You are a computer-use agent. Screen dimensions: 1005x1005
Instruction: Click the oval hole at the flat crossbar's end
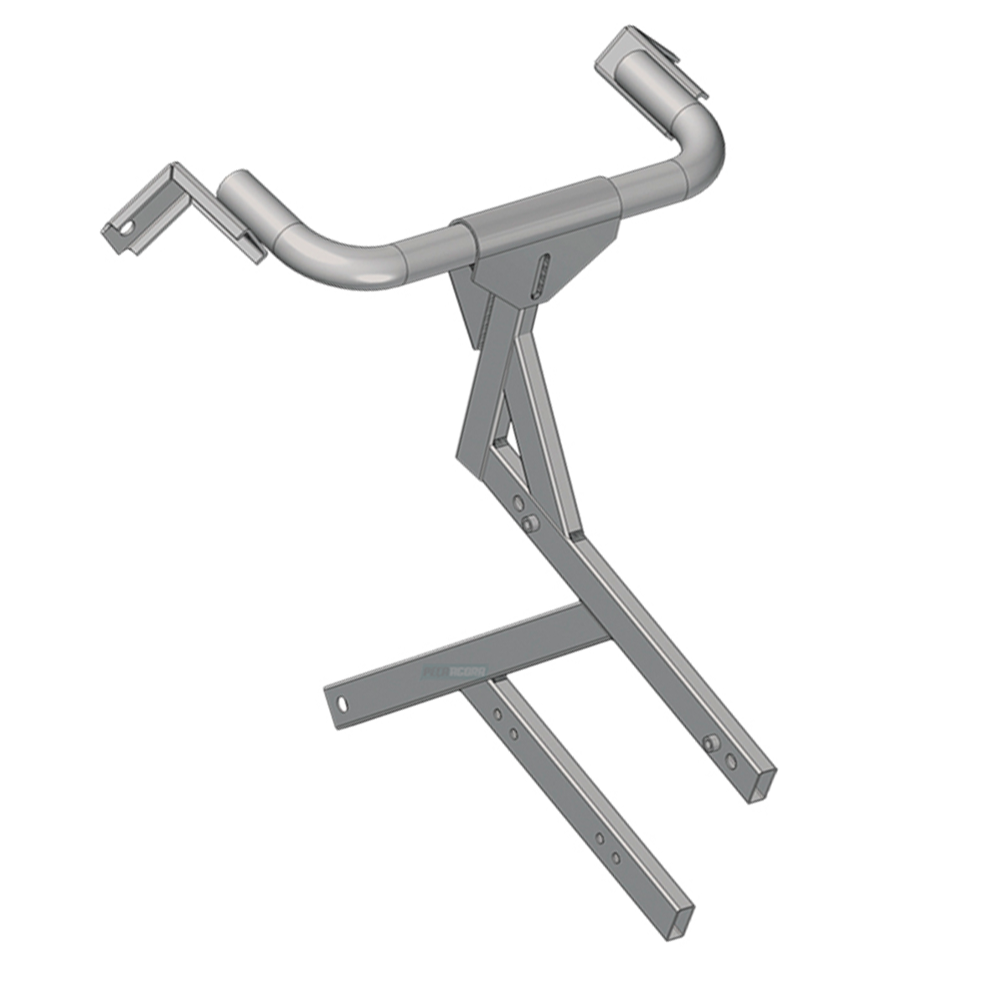pos(343,703)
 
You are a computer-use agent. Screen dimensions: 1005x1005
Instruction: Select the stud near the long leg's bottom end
pos(710,743)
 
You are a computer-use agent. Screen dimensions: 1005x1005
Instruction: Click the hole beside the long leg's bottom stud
pos(730,761)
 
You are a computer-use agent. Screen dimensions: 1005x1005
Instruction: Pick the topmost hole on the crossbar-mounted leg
pos(497,714)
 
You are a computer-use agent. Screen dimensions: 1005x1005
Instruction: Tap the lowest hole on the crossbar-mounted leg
pos(616,858)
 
